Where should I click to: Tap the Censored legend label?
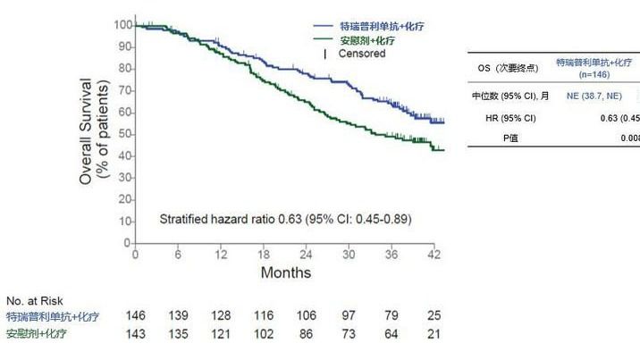tap(361, 54)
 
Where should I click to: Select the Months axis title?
tap(285, 272)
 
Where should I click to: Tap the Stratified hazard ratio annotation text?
tap(285, 219)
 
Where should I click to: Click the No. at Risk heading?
tap(35, 301)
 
